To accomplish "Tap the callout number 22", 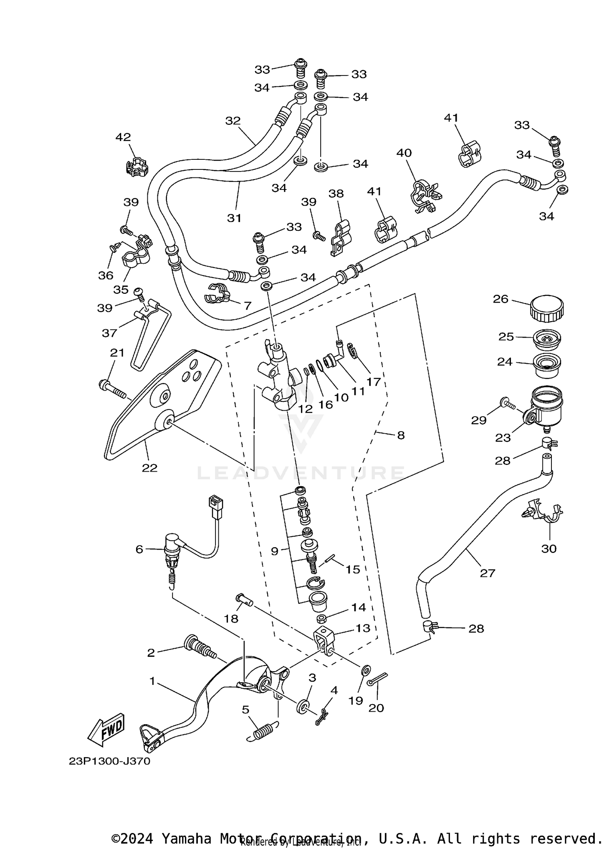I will click(149, 468).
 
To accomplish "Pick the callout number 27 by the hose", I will click(488, 573).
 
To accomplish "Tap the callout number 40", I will click(404, 153).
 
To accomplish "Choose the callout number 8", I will click(401, 435).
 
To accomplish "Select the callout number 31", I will click(234, 218).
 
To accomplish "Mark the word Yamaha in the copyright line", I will click(186, 839).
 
